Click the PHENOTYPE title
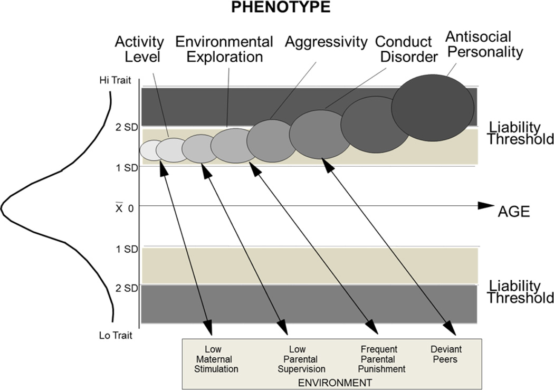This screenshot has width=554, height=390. click(276, 9)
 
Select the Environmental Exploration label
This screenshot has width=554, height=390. click(224, 48)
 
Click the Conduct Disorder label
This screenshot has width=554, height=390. click(404, 48)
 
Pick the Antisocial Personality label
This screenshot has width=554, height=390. click(484, 44)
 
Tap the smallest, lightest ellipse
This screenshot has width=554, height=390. click(150, 150)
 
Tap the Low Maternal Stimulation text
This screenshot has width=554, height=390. click(216, 359)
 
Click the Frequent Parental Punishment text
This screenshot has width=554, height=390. click(379, 359)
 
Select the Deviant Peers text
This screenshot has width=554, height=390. click(446, 354)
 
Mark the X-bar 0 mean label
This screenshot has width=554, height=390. click(124, 207)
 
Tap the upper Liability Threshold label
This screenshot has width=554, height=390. click(520, 133)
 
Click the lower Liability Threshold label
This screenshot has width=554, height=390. click(520, 292)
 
